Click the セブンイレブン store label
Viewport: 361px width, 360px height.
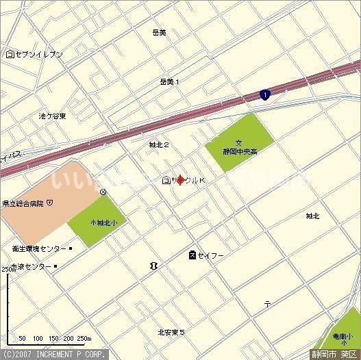click(x=39, y=54)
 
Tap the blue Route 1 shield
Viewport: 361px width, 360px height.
click(x=264, y=95)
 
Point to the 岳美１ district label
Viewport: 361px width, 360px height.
click(x=169, y=81)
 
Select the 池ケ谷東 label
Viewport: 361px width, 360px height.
click(x=53, y=116)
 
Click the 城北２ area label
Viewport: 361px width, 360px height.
click(x=159, y=145)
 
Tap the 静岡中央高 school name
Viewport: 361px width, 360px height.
click(x=239, y=152)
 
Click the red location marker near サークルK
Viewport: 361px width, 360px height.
click(x=181, y=181)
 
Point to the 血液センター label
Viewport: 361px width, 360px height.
click(x=31, y=266)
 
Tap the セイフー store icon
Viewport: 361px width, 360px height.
click(x=192, y=255)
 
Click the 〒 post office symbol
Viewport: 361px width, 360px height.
click(x=268, y=303)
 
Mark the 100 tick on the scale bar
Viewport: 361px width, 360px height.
click(x=38, y=338)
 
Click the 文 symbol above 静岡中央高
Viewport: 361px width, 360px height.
click(x=239, y=142)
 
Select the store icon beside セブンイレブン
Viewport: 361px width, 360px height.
click(x=10, y=54)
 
